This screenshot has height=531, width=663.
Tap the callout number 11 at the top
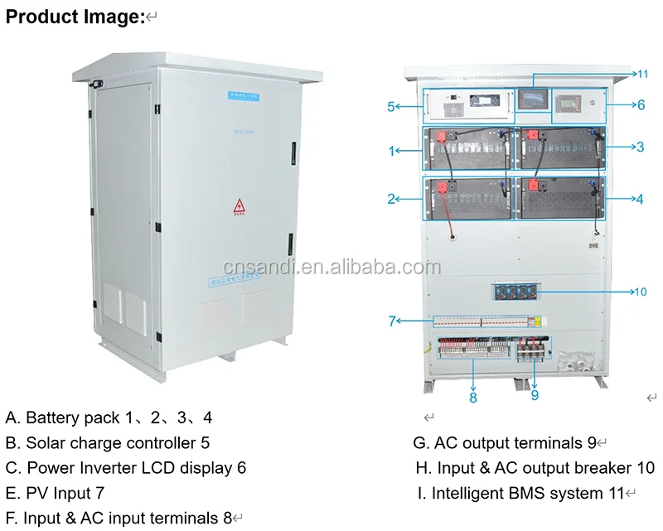click(642, 74)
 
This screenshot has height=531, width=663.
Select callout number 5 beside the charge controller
click(391, 106)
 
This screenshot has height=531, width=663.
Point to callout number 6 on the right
click(641, 105)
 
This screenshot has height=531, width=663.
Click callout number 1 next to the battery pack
click(392, 151)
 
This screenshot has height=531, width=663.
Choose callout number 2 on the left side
click(392, 198)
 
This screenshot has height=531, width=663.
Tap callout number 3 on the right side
click(640, 147)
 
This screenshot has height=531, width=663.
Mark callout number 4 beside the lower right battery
click(640, 199)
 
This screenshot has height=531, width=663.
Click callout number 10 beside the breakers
click(640, 292)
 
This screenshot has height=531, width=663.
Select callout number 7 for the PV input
click(392, 321)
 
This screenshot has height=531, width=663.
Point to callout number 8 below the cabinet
click(472, 397)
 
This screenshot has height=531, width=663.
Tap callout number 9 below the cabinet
click(535, 395)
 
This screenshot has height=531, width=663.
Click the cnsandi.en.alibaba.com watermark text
click(331, 267)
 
